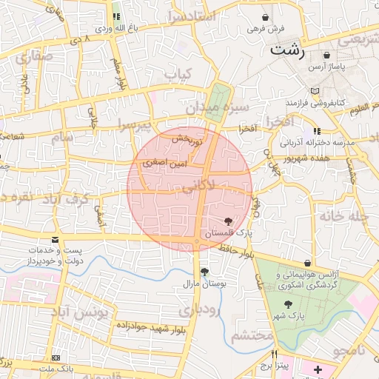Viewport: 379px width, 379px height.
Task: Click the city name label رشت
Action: [x=288, y=50]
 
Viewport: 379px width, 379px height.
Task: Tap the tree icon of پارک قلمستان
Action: [x=227, y=221]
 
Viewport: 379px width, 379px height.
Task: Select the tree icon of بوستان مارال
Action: [x=204, y=272]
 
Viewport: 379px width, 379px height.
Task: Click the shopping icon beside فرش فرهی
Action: [x=266, y=16]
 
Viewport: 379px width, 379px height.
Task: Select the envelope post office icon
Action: [x=56, y=240]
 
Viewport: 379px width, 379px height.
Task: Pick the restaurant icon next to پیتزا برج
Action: [x=274, y=354]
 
